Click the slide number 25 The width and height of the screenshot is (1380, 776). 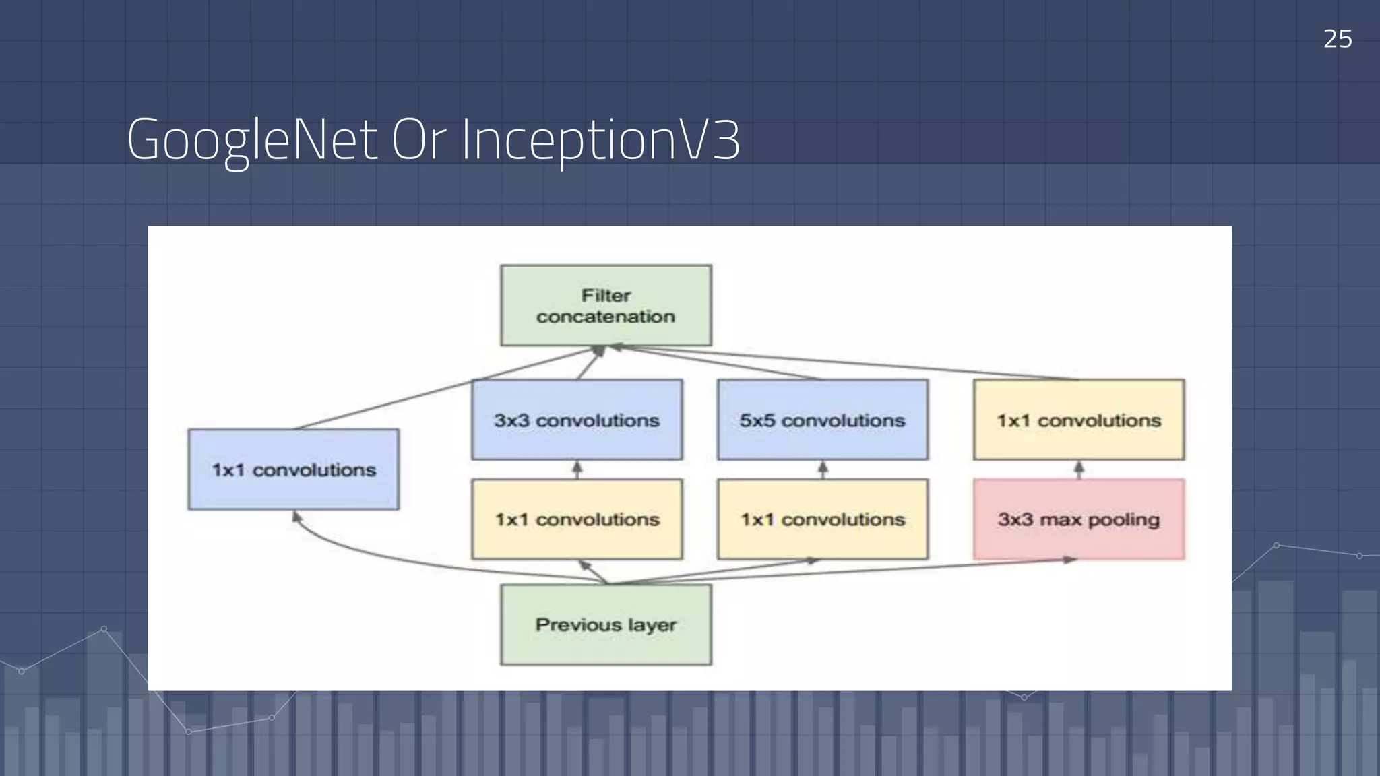[x=1337, y=39]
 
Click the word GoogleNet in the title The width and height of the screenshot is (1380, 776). [x=252, y=140]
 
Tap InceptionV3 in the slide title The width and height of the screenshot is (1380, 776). [x=600, y=140]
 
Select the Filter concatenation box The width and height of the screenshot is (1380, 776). [x=606, y=305]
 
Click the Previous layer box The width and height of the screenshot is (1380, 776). [x=606, y=624]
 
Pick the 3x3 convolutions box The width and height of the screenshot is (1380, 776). [x=577, y=420]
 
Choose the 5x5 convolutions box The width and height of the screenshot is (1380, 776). [x=822, y=420]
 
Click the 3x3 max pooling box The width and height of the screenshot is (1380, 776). [x=1078, y=519]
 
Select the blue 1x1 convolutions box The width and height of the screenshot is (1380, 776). [x=294, y=470]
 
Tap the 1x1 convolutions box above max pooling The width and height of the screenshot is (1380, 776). [x=1078, y=420]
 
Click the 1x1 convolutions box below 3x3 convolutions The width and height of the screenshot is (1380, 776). [x=577, y=519]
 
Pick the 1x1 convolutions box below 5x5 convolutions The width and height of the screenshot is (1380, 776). [x=822, y=519]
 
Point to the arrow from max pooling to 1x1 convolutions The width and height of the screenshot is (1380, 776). [x=1079, y=470]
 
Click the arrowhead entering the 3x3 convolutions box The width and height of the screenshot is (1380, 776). [x=577, y=465]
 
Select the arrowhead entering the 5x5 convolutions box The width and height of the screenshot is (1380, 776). [x=822, y=465]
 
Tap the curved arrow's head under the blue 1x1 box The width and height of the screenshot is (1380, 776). [x=296, y=517]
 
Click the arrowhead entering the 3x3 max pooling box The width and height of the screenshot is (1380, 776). [x=1070, y=560]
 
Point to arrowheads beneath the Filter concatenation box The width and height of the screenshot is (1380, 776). [x=605, y=349]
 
